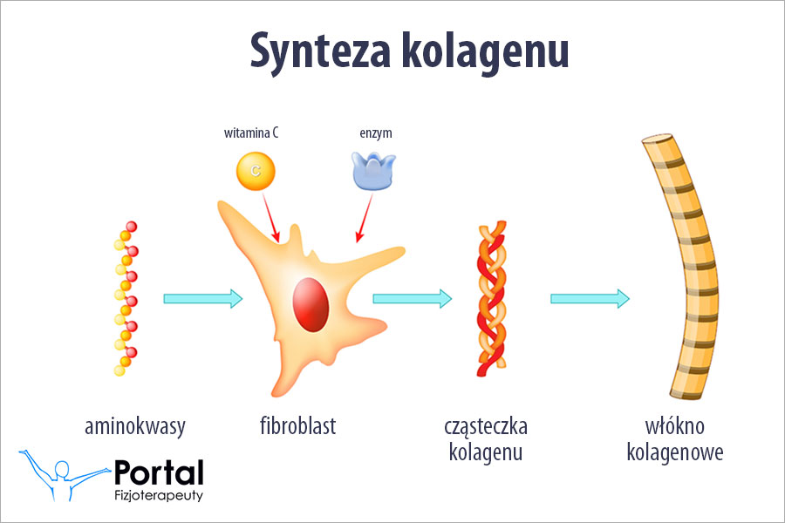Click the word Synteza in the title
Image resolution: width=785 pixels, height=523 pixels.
319,52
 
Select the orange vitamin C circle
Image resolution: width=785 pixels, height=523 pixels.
255,170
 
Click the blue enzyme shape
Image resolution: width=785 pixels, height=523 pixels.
373,170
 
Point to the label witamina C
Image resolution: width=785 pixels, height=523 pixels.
251,133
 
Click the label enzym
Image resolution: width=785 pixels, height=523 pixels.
375,133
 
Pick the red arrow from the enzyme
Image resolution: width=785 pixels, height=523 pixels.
364,218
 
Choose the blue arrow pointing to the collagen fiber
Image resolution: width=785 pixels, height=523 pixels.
590,299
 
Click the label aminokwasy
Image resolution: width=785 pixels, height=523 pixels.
135,427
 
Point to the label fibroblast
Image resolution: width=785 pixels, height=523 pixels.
297,427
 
